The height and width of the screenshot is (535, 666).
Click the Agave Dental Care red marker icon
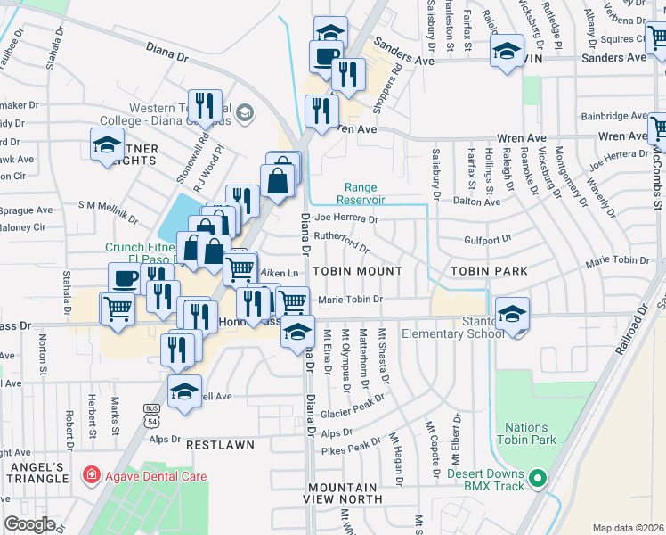pyautogui.click(x=90, y=476)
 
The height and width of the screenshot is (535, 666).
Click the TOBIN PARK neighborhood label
pyautogui.click(x=489, y=270)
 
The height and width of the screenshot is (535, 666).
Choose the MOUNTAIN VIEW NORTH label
pyautogui.click(x=342, y=494)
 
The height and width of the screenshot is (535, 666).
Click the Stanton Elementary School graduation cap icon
pyautogui.click(x=513, y=314)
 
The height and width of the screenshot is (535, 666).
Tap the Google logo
pyautogui.click(x=29, y=523)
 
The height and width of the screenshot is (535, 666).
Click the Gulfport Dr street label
pyautogui.click(x=488, y=239)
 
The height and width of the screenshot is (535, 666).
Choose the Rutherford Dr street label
pyautogui.click(x=341, y=242)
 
